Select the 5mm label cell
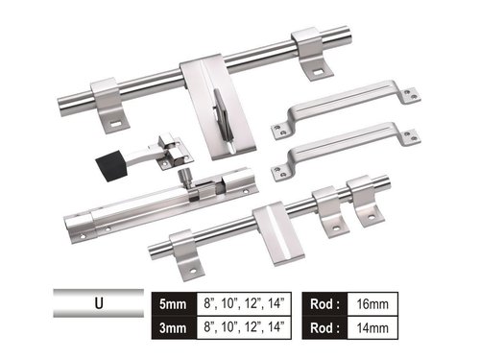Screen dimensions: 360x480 [x=173, y=301]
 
